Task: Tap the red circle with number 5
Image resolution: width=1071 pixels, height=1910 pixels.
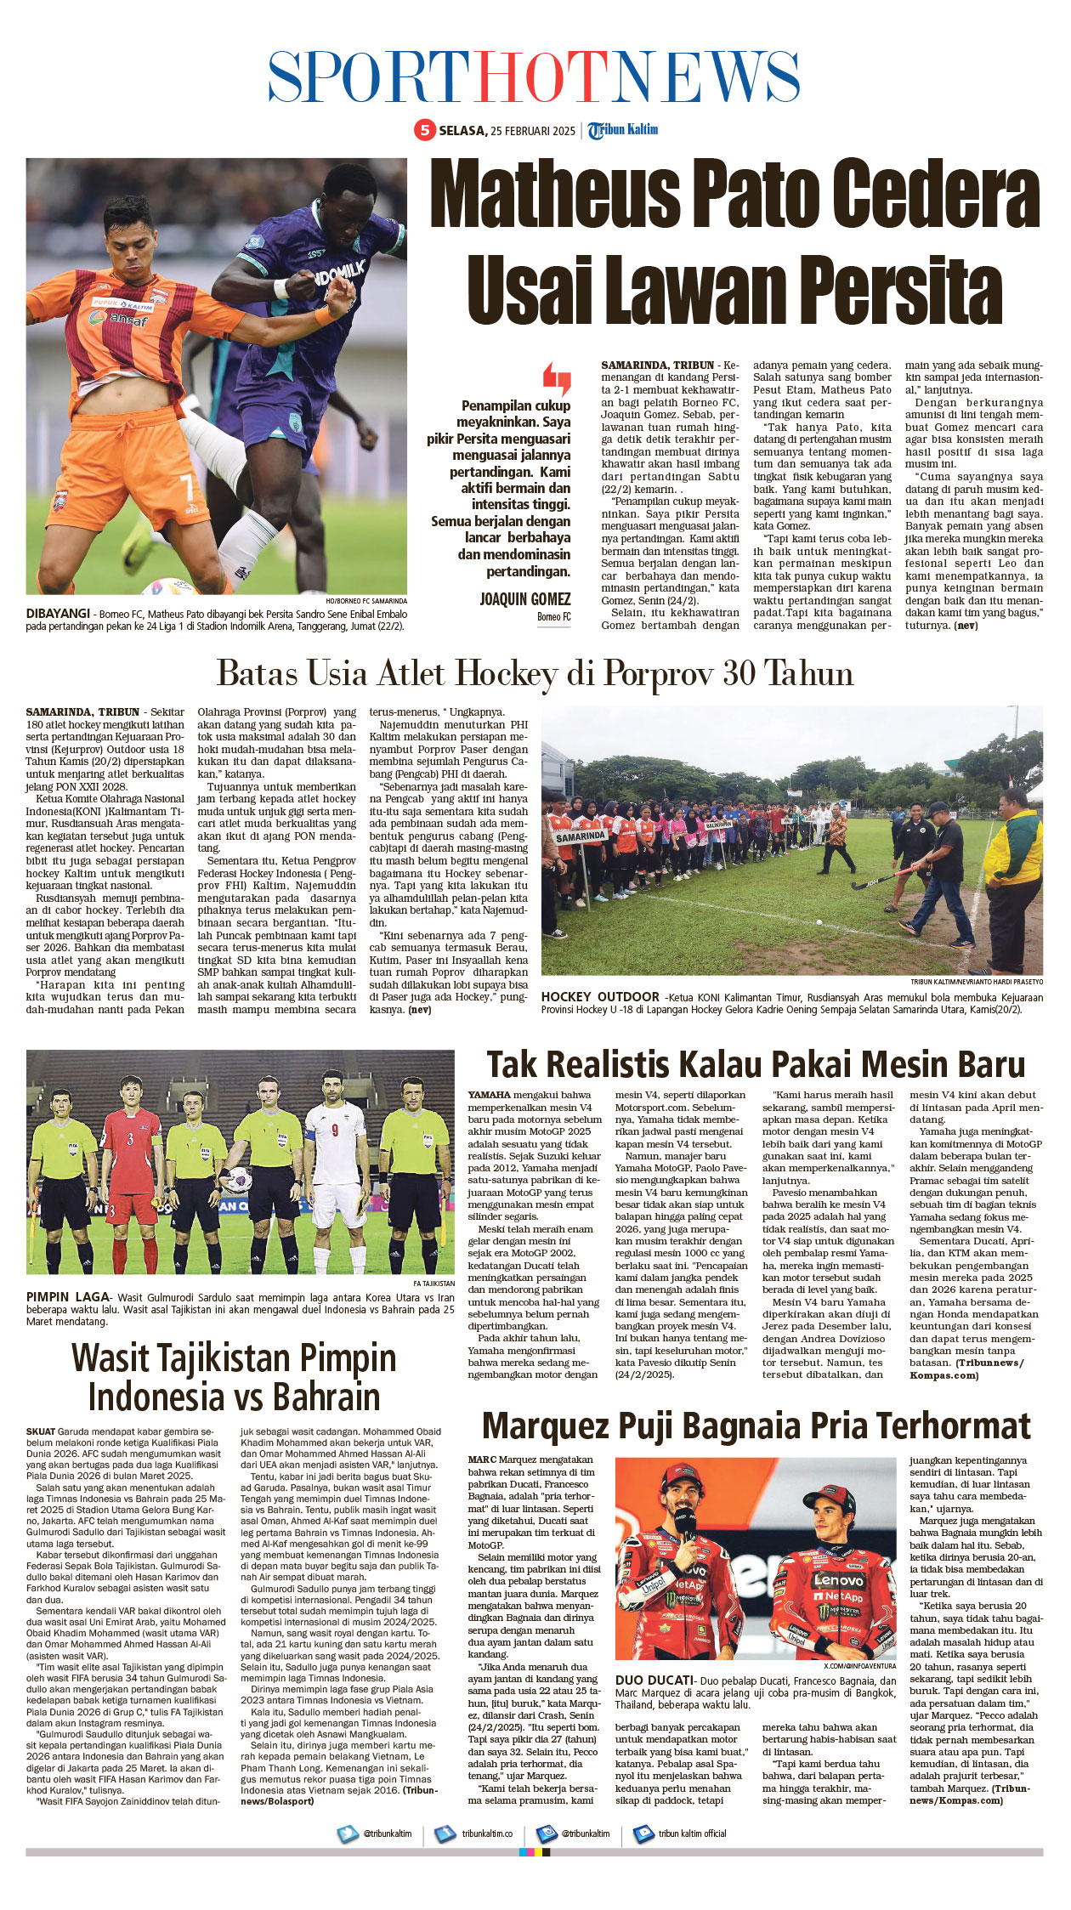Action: pos(424,130)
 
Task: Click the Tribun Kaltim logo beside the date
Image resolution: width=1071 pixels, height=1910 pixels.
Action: pos(624,130)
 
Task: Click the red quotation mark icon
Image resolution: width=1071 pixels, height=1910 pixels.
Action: pos(557,378)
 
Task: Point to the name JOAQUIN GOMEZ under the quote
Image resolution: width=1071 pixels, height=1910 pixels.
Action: pos(525,599)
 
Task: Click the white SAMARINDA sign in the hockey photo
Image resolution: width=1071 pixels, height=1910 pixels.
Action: pos(581,836)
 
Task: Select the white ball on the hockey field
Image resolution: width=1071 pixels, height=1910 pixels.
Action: pos(819,921)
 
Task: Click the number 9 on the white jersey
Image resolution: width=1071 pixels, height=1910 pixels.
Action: pos(336,1130)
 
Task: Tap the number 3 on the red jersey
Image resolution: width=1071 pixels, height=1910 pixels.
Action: pos(130,1138)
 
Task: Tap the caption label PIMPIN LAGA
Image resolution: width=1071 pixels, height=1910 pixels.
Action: pos(68,1297)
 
